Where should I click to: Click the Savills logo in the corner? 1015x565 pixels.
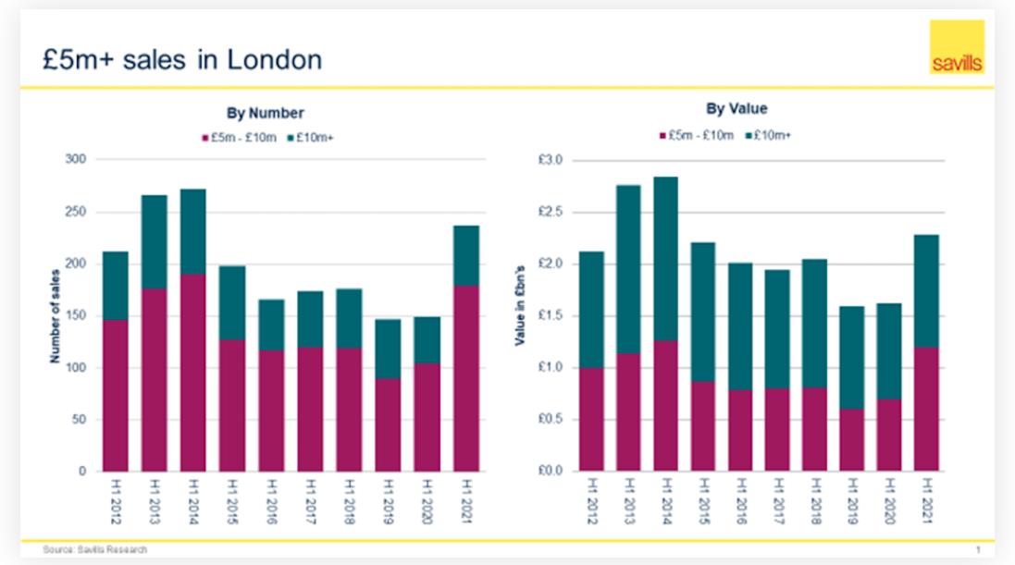click(x=957, y=47)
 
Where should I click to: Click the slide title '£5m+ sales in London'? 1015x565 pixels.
click(x=182, y=61)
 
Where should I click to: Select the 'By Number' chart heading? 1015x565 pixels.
click(x=266, y=114)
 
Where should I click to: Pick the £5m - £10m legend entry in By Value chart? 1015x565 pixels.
click(x=696, y=136)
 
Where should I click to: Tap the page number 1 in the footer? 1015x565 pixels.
click(x=977, y=551)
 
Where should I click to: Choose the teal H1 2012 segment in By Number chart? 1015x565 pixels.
click(x=117, y=286)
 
